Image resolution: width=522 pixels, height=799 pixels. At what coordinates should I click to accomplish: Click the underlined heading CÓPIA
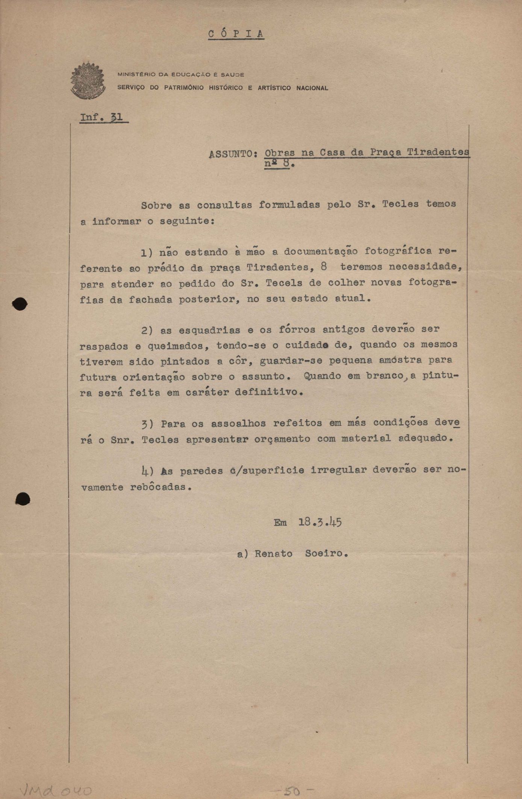click(x=236, y=34)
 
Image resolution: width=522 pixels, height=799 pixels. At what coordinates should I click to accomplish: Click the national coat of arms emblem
click(x=88, y=80)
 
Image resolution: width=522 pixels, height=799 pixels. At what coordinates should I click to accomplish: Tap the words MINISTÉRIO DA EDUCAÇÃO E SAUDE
click(x=181, y=74)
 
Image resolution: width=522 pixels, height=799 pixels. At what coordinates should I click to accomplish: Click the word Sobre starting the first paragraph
click(x=156, y=206)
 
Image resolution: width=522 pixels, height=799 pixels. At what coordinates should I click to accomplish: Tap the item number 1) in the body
click(x=147, y=253)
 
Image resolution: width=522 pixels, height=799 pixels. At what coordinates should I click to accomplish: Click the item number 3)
click(x=147, y=424)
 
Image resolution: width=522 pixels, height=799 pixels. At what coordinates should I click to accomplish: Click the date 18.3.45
click(x=320, y=522)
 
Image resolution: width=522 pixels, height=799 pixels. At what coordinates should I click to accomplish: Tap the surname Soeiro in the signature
click(x=325, y=554)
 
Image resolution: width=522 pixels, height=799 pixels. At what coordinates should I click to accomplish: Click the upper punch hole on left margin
click(x=20, y=304)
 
